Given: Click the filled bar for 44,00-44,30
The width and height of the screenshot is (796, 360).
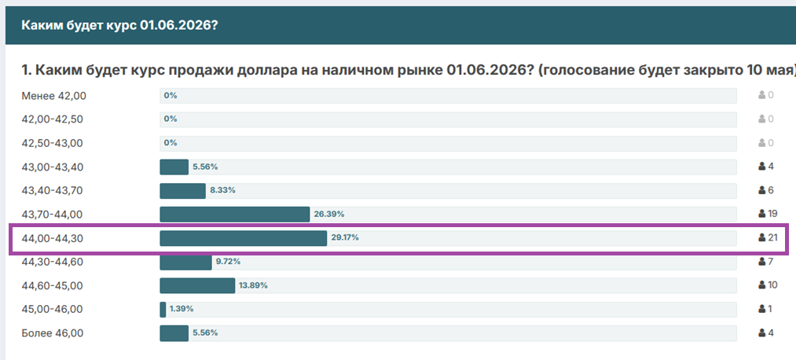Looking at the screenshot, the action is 243,238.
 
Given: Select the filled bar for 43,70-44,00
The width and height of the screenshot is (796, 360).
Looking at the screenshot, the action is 234,215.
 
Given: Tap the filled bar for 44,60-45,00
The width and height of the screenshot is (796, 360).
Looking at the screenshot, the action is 197,285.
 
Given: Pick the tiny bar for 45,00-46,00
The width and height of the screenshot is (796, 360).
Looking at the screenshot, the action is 163,309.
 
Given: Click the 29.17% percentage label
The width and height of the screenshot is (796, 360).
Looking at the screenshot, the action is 345,237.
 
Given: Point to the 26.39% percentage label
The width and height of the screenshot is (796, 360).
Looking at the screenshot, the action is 329,215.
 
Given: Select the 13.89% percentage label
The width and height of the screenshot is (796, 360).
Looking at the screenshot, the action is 253,285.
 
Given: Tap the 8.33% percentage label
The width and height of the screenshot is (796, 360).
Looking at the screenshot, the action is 222,190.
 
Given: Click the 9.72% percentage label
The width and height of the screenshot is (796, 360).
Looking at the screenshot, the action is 228,262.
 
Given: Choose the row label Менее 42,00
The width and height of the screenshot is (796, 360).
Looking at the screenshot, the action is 53,95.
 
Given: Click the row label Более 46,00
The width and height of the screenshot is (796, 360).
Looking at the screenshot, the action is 53,333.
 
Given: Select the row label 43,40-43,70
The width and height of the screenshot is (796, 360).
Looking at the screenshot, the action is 52,191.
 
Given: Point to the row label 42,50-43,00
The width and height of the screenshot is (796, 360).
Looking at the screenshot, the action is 52,143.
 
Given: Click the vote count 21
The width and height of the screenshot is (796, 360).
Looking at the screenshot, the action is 772,237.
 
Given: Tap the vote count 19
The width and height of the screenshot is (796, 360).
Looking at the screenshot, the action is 772,214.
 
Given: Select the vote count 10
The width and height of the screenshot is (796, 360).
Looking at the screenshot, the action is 772,285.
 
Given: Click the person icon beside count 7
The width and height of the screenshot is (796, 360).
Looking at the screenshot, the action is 762,262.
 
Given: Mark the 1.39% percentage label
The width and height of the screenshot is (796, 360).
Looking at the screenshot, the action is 182,309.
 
